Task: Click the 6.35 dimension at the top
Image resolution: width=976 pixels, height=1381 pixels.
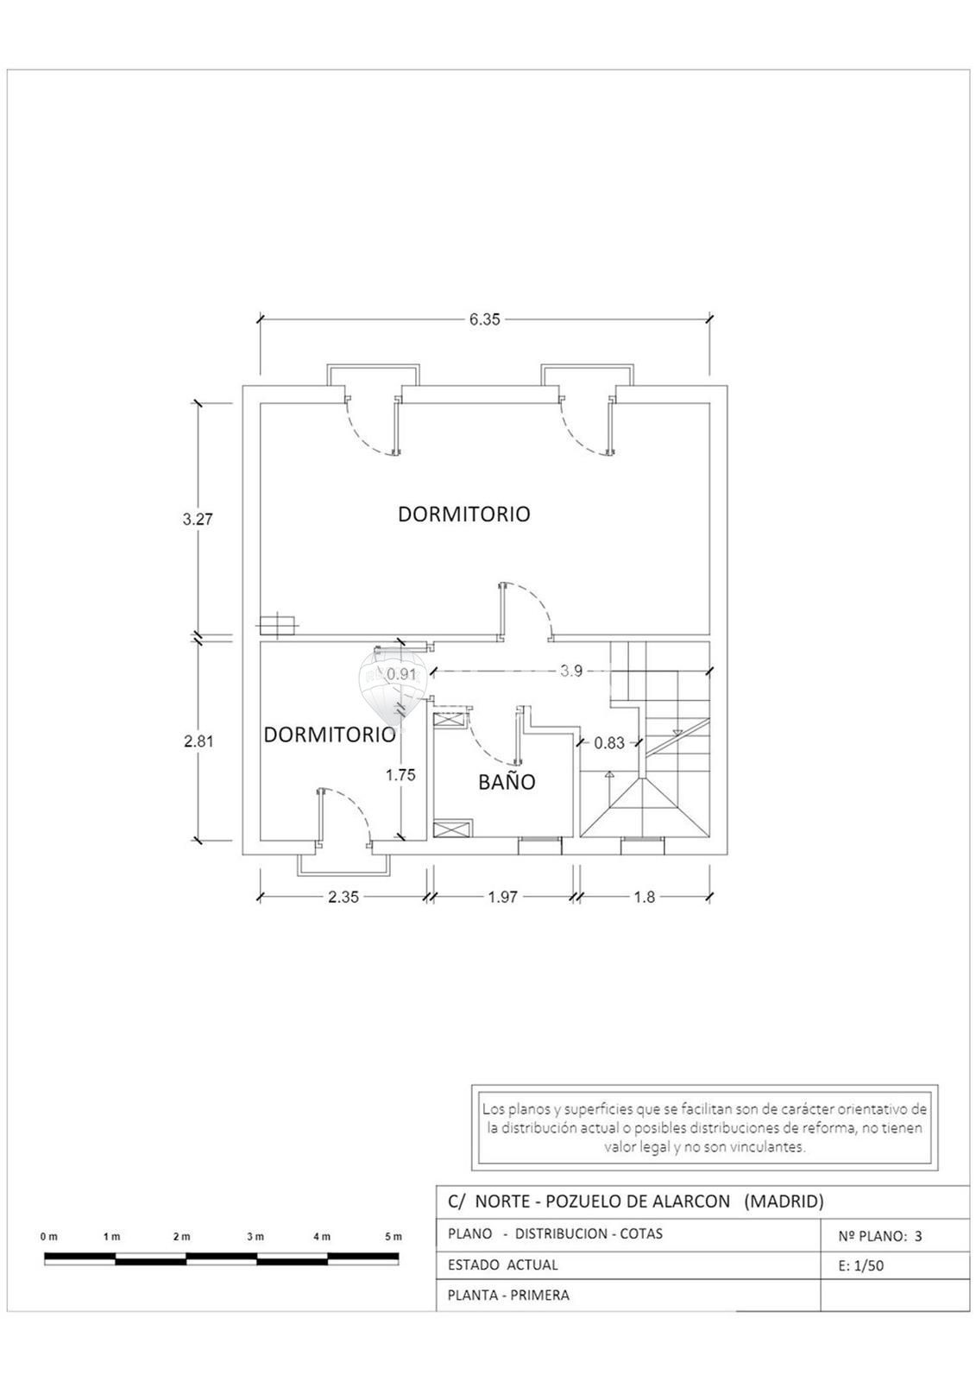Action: coord(485,319)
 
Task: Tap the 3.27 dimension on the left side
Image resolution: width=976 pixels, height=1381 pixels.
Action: coord(198,519)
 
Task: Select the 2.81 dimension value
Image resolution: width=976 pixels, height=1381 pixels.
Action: coord(198,741)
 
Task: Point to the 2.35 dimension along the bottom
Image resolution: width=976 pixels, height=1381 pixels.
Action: coord(343,897)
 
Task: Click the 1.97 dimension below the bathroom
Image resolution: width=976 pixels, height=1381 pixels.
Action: coord(502,897)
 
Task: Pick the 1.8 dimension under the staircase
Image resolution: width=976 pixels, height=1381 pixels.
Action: coord(645,897)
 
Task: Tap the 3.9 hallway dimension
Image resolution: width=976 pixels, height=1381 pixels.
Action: coord(571,671)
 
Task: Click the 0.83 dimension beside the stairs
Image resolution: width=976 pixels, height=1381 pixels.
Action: coord(609,743)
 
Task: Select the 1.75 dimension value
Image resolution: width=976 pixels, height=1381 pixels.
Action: coord(400,775)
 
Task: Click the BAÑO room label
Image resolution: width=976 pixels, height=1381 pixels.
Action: coord(507,782)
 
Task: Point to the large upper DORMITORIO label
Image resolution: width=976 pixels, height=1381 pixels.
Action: coord(463,514)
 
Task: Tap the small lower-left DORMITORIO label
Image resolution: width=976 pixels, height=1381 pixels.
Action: coord(330,735)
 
